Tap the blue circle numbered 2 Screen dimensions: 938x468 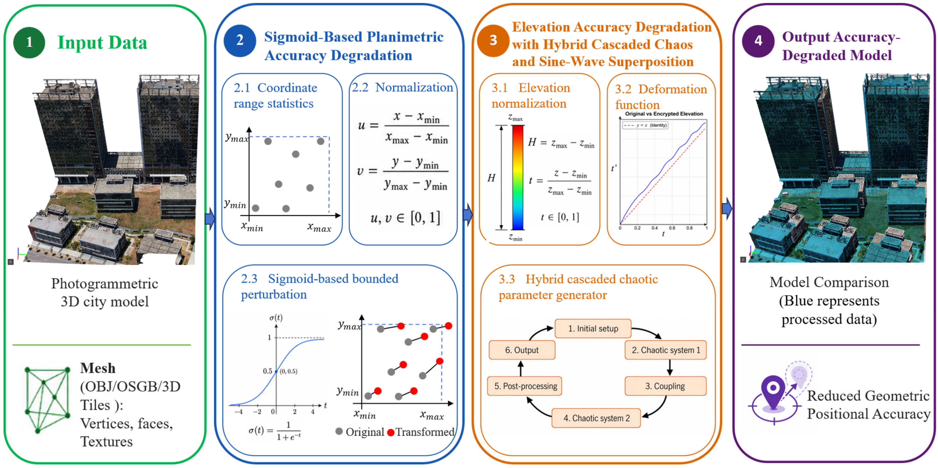pos(240,40)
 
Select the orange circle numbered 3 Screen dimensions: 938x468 pos(493,40)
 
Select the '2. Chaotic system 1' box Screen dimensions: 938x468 pos(666,350)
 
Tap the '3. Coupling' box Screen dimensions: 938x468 pos(666,386)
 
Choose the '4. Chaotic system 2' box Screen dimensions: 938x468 pos(596,418)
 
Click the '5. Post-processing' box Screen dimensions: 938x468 pos(525,386)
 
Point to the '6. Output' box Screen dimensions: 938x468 pos(522,350)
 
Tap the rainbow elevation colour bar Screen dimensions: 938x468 pos(518,177)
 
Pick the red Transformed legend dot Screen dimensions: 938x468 pos(391,432)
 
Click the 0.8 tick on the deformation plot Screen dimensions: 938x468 pos(689,228)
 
